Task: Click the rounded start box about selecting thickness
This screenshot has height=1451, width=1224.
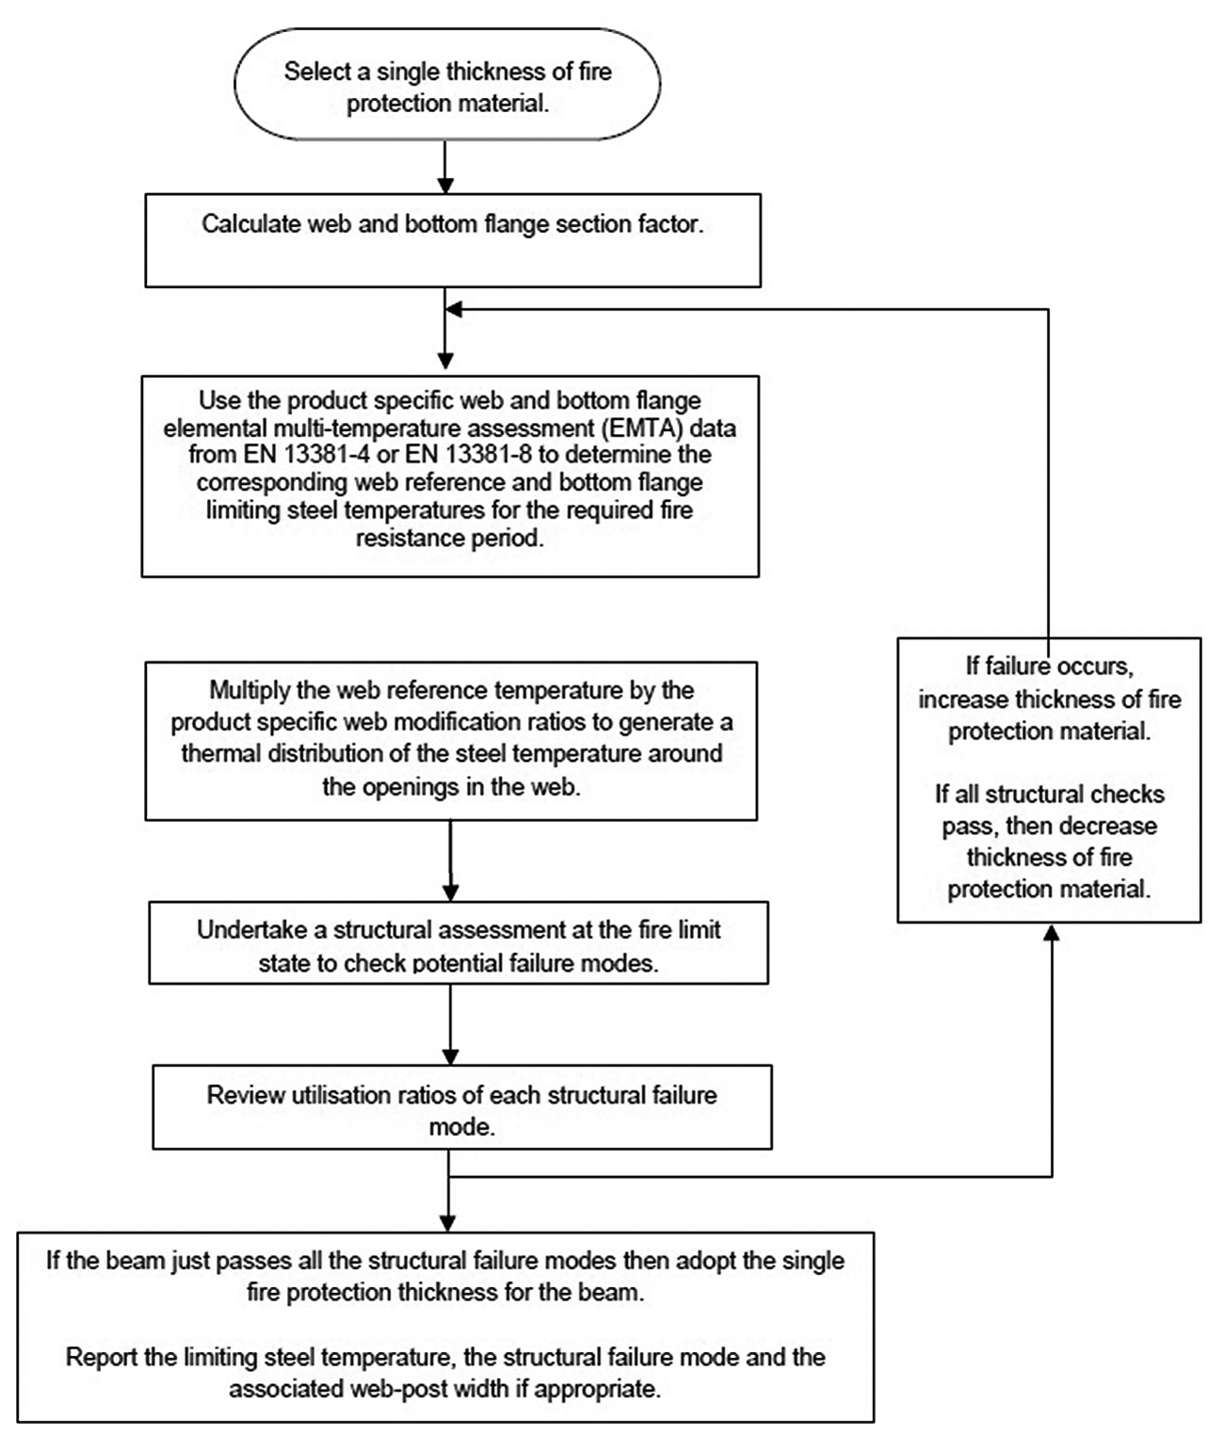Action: (x=447, y=84)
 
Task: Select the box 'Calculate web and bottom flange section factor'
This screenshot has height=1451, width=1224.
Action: (x=453, y=240)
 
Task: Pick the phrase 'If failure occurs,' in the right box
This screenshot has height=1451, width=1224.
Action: (x=1049, y=667)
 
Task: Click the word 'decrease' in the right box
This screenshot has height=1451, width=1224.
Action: (x=1119, y=827)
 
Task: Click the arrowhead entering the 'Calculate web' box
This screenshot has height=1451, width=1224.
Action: (x=445, y=185)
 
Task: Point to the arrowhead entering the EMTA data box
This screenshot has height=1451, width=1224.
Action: (x=445, y=361)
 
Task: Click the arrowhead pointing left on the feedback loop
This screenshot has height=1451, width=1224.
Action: (x=454, y=310)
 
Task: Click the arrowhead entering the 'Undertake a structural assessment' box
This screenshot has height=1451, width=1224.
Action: (x=450, y=893)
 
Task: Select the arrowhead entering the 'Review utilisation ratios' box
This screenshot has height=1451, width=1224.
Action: (x=450, y=1056)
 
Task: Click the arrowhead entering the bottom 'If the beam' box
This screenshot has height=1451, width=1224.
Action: (x=448, y=1224)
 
